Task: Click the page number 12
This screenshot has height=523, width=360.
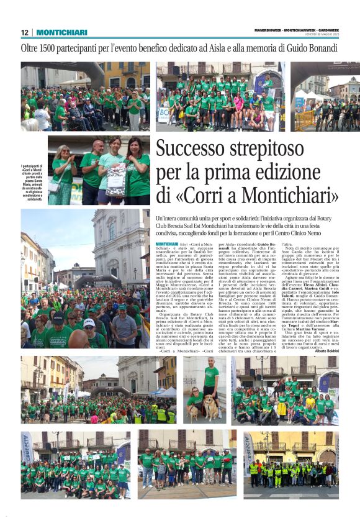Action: (x=24, y=32)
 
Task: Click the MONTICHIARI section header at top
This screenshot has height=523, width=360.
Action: (x=61, y=32)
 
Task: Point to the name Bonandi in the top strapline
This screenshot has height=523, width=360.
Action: (x=322, y=48)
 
